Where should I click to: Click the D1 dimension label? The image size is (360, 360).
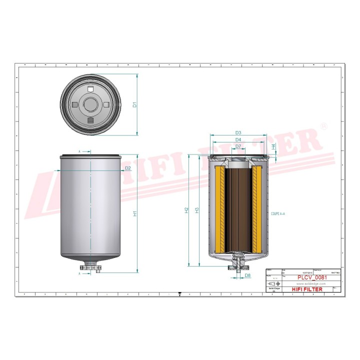pos(134,105)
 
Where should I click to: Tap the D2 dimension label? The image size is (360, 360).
pos(128,168)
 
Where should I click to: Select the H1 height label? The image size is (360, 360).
pos(134,213)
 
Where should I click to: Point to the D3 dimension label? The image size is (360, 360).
pos(238,132)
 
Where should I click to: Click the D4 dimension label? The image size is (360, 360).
pos(238,139)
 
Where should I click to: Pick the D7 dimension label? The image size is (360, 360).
pos(238,146)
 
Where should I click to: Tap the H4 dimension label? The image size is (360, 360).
pos(273,147)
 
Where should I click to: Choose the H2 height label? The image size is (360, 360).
pos(186,210)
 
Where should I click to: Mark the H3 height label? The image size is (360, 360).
pos(196,210)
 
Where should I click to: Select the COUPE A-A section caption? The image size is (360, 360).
pos(278,214)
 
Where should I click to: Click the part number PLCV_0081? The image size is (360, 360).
pos(312,277)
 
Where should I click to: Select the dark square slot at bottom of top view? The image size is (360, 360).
pos(90,120)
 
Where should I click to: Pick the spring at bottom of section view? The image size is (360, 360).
pos(238,259)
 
